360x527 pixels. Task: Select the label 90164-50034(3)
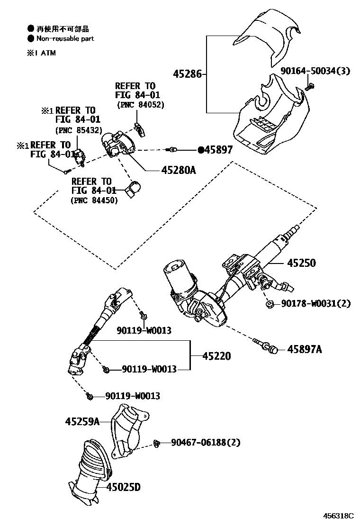coord(315,71)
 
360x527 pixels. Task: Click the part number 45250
coord(300,263)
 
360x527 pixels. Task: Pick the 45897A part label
coord(305,349)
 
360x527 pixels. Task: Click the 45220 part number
coord(217,355)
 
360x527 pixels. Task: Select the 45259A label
coord(82,421)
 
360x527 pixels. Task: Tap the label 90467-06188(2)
coord(206,443)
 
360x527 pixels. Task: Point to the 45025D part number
coord(123,487)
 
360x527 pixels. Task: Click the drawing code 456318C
coord(338,516)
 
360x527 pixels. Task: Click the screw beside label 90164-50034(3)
coord(310,86)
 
